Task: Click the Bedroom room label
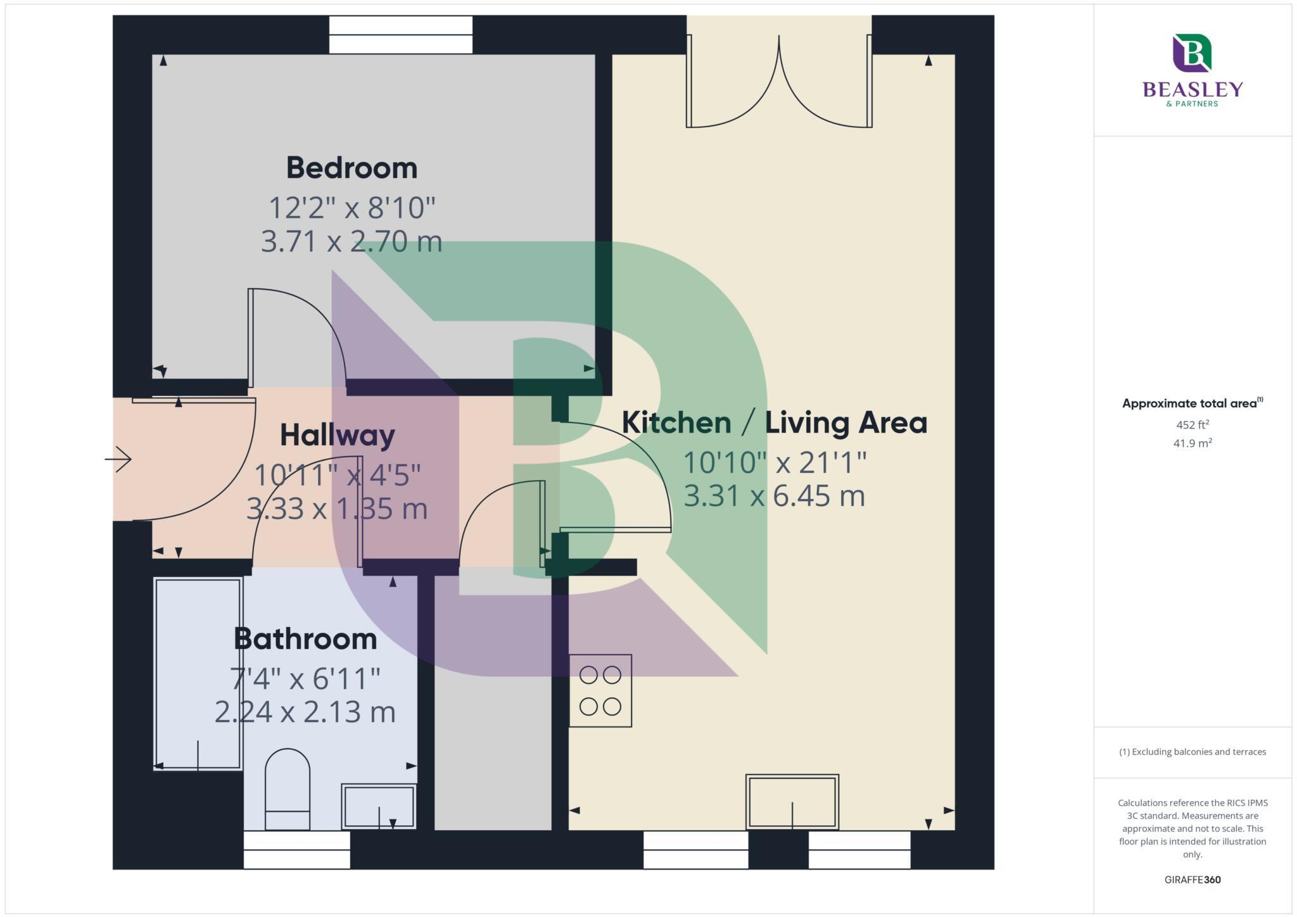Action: pyautogui.click(x=351, y=168)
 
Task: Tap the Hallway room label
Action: pyautogui.click(x=337, y=435)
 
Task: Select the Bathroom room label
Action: pyautogui.click(x=305, y=638)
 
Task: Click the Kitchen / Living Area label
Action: pyautogui.click(x=774, y=422)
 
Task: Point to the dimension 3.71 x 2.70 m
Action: pyautogui.click(x=351, y=241)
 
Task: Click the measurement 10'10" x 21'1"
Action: pyautogui.click(x=774, y=462)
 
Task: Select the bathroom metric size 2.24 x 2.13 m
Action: pyautogui.click(x=305, y=712)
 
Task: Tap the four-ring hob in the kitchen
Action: pyautogui.click(x=600, y=690)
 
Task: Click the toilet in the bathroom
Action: pyautogui.click(x=287, y=788)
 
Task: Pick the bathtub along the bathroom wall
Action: pyautogui.click(x=198, y=673)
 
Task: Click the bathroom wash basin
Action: pyautogui.click(x=379, y=806)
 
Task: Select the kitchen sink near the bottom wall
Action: pyautogui.click(x=792, y=802)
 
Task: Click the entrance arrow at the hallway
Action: pyautogui.click(x=118, y=458)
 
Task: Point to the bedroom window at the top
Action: pyautogui.click(x=400, y=35)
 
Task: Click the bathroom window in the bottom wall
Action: pyautogui.click(x=296, y=849)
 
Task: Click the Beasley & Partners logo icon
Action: pyautogui.click(x=1192, y=53)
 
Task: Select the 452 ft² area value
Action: pyautogui.click(x=1193, y=425)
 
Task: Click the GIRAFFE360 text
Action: pyautogui.click(x=1193, y=880)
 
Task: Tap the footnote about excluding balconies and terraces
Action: pyautogui.click(x=1193, y=752)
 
